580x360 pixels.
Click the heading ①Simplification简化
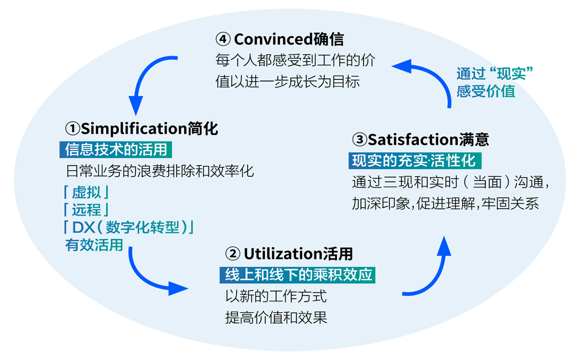[141, 129]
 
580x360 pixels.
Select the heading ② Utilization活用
[289, 253]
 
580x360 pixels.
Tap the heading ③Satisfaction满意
[420, 140]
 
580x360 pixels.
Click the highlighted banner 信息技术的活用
[116, 149]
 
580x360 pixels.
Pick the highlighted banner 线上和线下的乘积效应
[298, 274]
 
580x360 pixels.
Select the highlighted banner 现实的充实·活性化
[414, 160]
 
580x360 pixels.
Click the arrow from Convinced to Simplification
[145, 80]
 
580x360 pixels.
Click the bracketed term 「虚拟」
[87, 192]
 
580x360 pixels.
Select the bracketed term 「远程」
[87, 210]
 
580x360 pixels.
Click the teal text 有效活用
[94, 245]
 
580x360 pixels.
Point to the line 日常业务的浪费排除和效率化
[159, 171]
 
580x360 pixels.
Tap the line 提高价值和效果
[276, 317]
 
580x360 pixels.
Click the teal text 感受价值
[486, 91]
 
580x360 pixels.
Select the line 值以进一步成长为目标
[288, 81]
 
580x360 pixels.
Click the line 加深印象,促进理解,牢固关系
[445, 203]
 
